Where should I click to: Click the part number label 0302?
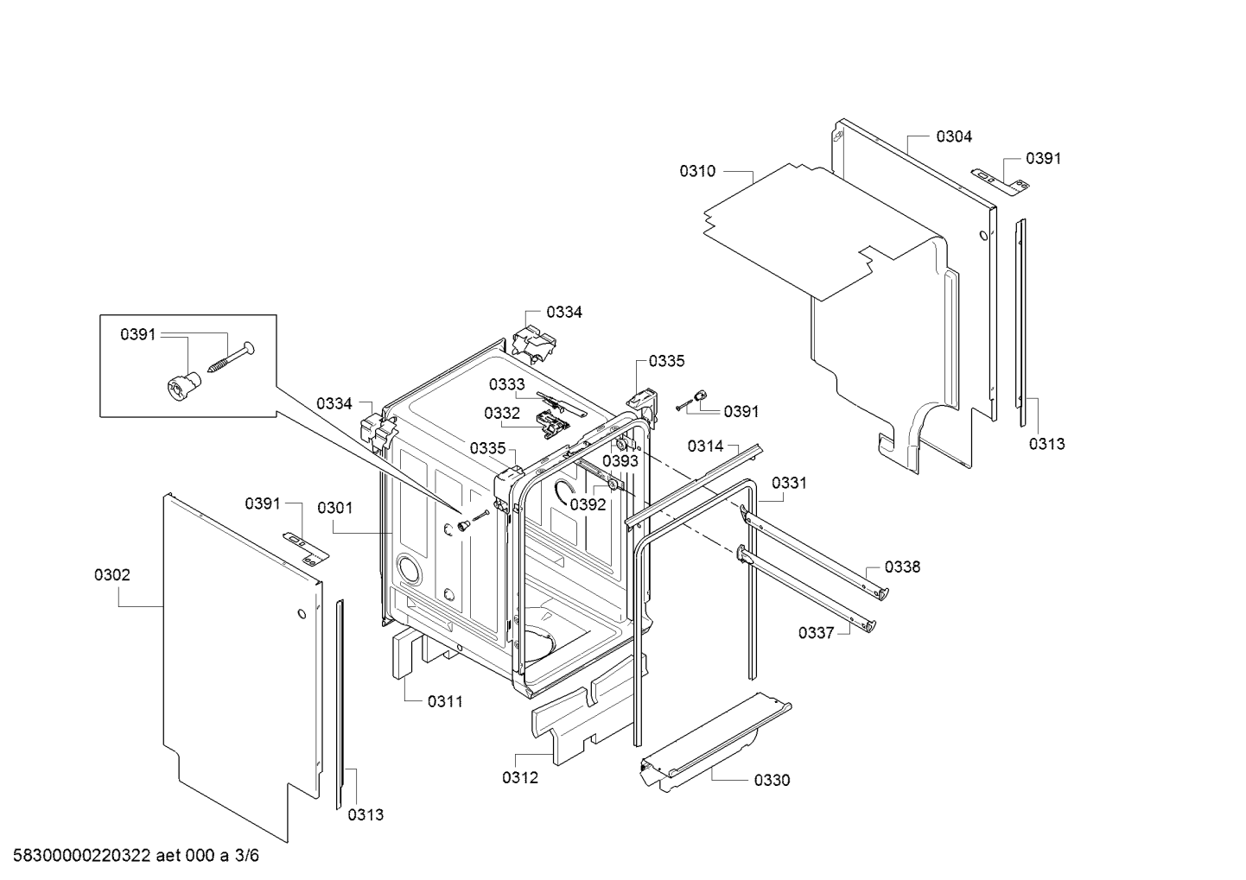click(x=112, y=575)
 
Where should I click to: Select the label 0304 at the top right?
click(x=953, y=136)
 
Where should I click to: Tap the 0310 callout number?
click(x=697, y=171)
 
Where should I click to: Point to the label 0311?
click(x=445, y=702)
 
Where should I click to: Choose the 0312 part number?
click(x=520, y=777)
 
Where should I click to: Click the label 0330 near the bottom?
click(x=772, y=781)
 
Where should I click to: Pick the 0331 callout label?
click(x=789, y=484)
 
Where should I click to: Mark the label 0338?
click(x=902, y=567)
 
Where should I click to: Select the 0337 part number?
click(x=816, y=633)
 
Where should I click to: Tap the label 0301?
click(x=334, y=508)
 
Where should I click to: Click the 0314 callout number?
click(x=705, y=446)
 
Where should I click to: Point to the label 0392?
click(x=588, y=505)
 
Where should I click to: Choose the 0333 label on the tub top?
click(x=506, y=384)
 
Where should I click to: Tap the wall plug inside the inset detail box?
click(x=180, y=384)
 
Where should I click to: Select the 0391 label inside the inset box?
click(x=138, y=334)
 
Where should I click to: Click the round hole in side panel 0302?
click(x=300, y=615)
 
